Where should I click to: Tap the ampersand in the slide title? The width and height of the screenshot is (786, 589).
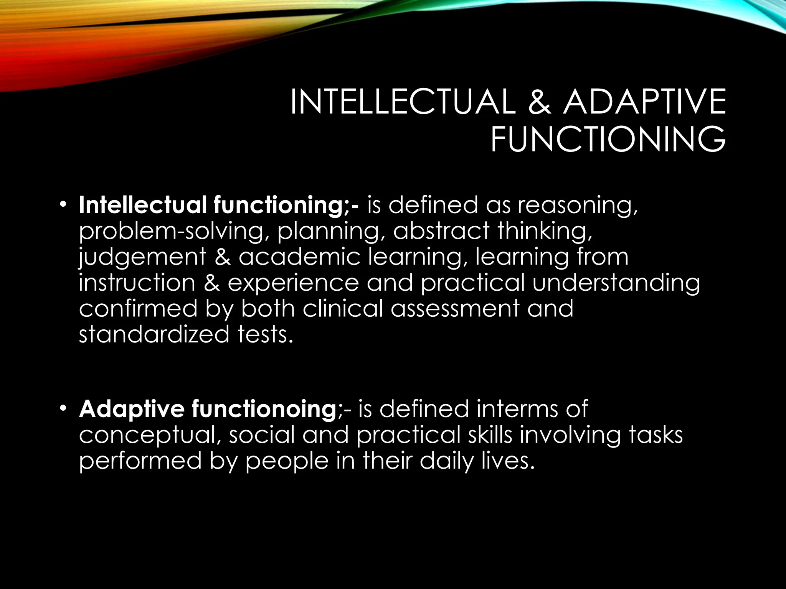pyautogui.click(x=539, y=102)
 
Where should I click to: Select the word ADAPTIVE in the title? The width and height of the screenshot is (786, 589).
pyautogui.click(x=644, y=102)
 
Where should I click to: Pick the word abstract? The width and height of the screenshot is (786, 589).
pyautogui.click(x=441, y=231)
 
